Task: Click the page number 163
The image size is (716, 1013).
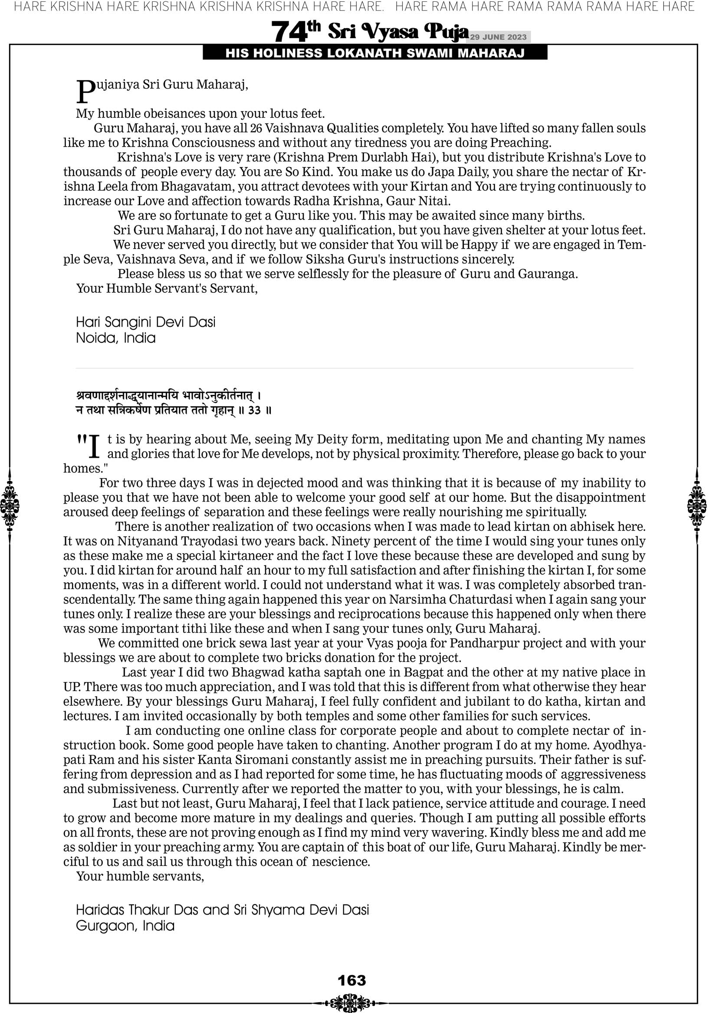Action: tap(351, 980)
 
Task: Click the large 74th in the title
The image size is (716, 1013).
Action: tap(296, 32)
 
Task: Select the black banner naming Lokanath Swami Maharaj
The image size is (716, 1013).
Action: tap(375, 53)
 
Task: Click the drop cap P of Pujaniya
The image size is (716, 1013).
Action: tap(85, 92)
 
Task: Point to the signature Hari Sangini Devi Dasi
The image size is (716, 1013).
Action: tap(146, 322)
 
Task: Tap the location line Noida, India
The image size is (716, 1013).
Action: tap(116, 338)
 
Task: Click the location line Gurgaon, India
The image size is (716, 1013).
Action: tap(125, 926)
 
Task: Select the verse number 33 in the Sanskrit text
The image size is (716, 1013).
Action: tap(254, 410)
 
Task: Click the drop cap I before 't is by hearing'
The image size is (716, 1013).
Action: tap(94, 446)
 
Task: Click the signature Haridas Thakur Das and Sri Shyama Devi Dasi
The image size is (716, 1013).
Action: tap(222, 910)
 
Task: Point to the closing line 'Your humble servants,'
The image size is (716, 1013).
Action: tap(140, 876)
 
